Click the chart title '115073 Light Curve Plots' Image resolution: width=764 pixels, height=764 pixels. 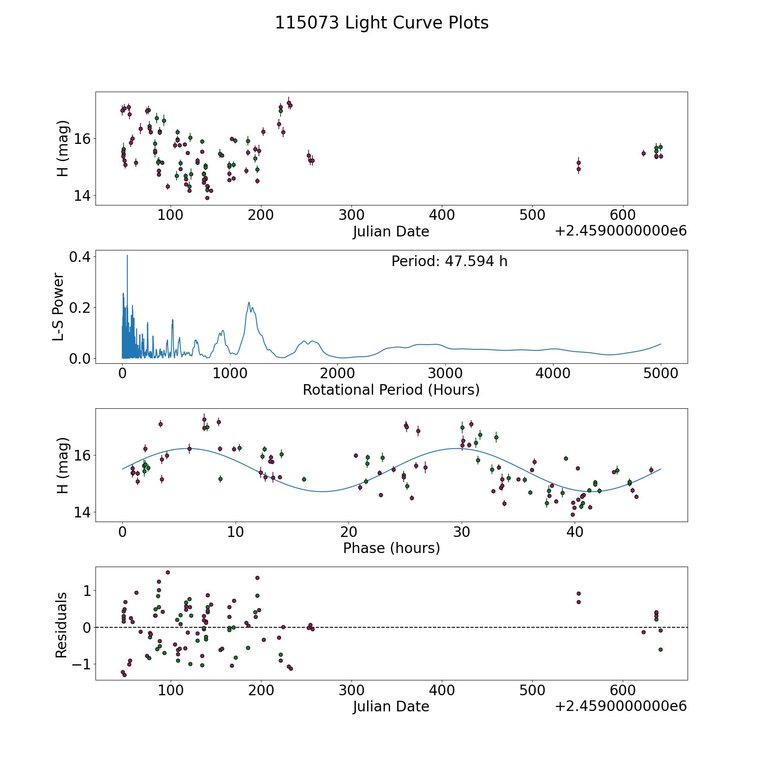click(382, 23)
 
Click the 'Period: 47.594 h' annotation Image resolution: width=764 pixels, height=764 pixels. click(449, 261)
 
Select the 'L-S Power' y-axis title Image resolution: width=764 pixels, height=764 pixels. click(59, 307)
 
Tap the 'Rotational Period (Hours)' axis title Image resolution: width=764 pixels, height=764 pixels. click(391, 390)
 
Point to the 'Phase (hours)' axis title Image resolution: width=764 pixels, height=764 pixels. click(391, 548)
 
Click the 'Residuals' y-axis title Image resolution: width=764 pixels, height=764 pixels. click(61, 625)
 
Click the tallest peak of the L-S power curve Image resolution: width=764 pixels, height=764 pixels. click(127, 256)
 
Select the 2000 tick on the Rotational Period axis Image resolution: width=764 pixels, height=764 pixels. click(337, 374)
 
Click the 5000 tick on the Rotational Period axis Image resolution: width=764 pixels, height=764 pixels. click(660, 374)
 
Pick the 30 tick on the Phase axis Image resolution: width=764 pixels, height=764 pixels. click(461, 532)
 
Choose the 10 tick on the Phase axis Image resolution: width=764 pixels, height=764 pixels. click(235, 532)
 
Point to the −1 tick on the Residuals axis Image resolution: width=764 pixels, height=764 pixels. click(81, 664)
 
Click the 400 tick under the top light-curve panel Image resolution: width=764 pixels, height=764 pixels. click(441, 215)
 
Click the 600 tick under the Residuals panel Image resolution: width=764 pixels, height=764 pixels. click(622, 691)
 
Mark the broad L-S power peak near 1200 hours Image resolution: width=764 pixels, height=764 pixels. click(249, 303)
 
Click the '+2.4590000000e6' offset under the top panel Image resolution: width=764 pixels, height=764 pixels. click(621, 231)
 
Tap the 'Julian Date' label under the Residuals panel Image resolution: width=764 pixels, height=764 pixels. click(391, 707)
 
